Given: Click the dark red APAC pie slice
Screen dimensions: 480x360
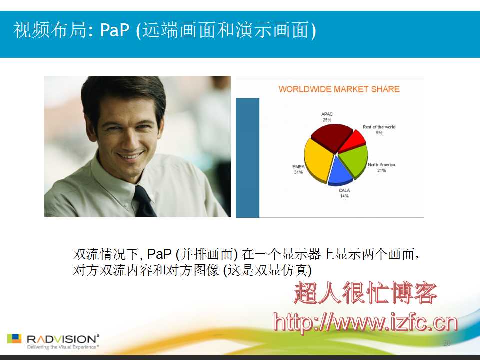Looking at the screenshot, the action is [x=331, y=137].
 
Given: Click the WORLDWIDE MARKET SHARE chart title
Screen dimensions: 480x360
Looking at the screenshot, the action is [x=339, y=89].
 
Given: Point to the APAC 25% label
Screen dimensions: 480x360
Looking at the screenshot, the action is [x=327, y=117].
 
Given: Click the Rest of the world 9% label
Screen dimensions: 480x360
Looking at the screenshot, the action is [x=379, y=130].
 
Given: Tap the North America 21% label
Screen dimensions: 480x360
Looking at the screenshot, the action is [x=381, y=168].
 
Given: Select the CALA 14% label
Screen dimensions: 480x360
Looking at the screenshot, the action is [x=344, y=193].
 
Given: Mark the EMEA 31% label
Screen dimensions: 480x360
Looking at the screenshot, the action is [x=298, y=169].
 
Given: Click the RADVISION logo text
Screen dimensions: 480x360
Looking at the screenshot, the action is [x=63, y=339].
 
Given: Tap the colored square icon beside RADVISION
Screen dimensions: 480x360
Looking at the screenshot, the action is [x=14, y=338].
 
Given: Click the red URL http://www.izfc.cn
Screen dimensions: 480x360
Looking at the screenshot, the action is [x=365, y=322].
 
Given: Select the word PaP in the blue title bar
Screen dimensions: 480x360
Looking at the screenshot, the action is [x=115, y=30].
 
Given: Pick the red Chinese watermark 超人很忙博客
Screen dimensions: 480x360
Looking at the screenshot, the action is [x=365, y=293].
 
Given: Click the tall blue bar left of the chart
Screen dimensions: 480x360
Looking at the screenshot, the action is [x=247, y=158].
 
